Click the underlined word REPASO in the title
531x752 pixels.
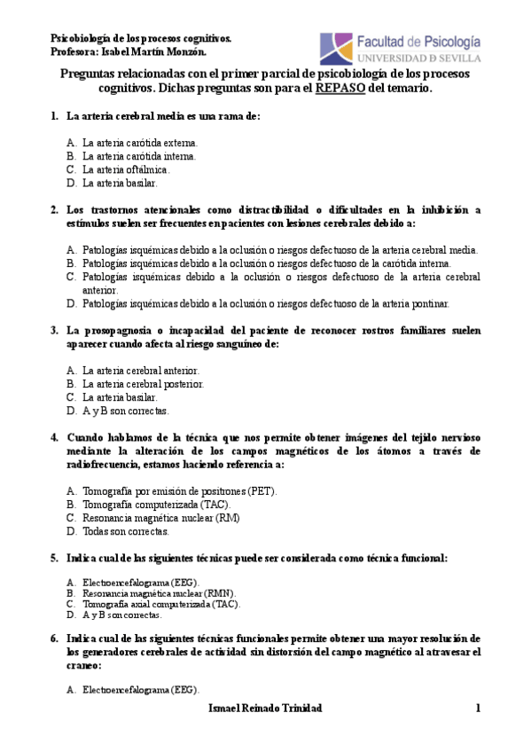coord(339,89)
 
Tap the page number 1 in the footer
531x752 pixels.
coord(477,708)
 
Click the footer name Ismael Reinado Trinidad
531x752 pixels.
coord(265,708)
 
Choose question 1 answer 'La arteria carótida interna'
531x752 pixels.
coord(139,155)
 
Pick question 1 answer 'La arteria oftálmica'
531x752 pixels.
coord(125,168)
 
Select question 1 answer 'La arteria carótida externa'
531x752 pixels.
coord(140,142)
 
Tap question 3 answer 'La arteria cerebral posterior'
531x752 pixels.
coord(143,384)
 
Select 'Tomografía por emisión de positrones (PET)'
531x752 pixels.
coord(179,490)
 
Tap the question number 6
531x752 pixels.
coord(54,638)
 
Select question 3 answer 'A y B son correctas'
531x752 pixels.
coord(125,411)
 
